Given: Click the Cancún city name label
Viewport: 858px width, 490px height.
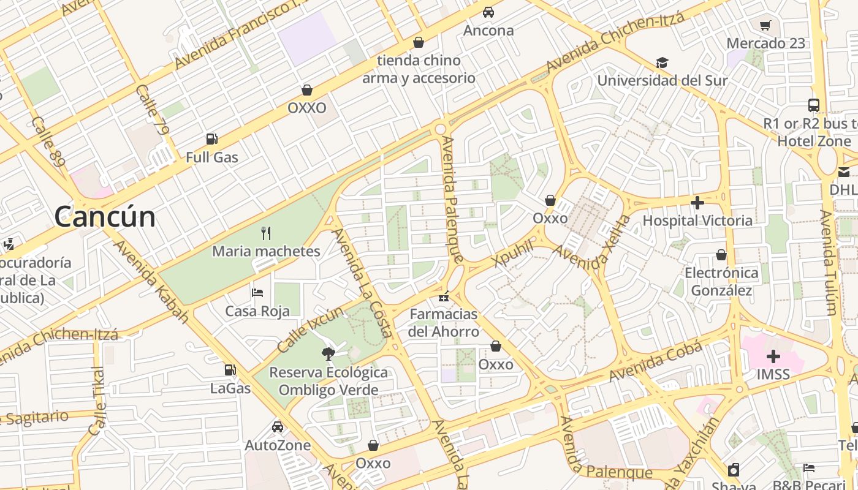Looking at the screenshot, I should tap(105, 217).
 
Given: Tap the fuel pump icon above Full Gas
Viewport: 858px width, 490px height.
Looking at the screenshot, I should tap(212, 139).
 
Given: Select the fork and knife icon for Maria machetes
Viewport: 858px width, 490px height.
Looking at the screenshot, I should tap(266, 233).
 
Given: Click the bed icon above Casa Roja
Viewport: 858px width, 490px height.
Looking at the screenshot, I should tap(257, 293).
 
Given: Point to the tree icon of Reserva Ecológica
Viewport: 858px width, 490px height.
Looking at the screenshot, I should tap(328, 353).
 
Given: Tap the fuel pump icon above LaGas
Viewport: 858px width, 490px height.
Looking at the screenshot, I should tap(230, 370).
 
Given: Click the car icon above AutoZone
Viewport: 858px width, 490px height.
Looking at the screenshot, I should tap(278, 427).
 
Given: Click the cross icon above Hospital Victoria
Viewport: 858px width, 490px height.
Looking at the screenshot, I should tap(697, 202).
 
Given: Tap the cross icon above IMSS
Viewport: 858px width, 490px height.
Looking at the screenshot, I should tap(773, 356).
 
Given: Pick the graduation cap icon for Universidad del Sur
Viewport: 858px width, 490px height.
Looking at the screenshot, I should tap(662, 62).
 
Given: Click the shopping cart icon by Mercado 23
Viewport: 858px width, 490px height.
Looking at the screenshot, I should tap(765, 25).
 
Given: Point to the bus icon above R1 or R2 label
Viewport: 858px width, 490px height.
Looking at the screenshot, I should tap(814, 105).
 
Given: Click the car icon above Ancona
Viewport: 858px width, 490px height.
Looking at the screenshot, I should tap(488, 12).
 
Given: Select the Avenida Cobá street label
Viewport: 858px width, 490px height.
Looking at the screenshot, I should tap(656, 361).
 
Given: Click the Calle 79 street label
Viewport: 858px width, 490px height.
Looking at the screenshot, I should tap(153, 110).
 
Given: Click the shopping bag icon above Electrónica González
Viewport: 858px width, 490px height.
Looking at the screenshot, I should tap(721, 255).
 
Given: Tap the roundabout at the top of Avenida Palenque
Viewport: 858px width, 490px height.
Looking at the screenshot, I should tap(440, 129).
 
